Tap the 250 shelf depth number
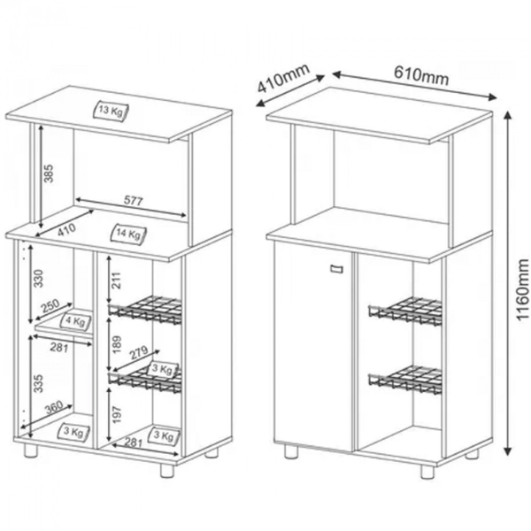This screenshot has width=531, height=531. [x=49, y=304]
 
